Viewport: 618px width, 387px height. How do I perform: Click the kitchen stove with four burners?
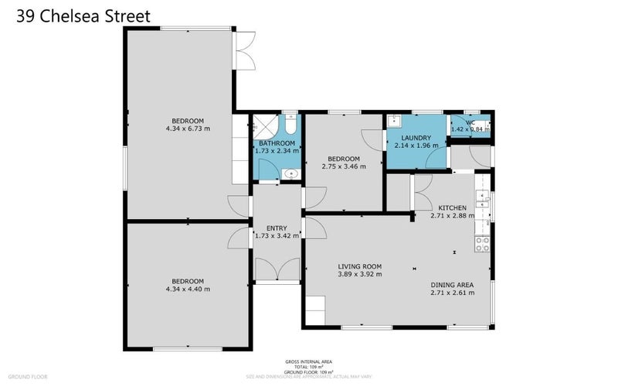point(483,244)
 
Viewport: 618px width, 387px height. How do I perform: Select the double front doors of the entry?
point(277,270)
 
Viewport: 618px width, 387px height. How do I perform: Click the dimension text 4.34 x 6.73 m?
point(188,128)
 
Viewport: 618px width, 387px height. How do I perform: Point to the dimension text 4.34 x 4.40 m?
point(188,289)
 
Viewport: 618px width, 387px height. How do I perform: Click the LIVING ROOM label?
point(360,266)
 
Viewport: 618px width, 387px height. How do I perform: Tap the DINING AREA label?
point(452,285)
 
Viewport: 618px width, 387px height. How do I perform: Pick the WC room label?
point(470,122)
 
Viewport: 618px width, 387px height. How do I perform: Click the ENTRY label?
point(277,228)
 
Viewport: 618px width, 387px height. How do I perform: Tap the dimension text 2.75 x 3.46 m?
point(344,166)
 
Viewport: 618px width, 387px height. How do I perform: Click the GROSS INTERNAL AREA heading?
point(309,362)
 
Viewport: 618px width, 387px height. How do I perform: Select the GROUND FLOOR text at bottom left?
point(29,376)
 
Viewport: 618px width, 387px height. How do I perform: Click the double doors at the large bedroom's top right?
point(246,51)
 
